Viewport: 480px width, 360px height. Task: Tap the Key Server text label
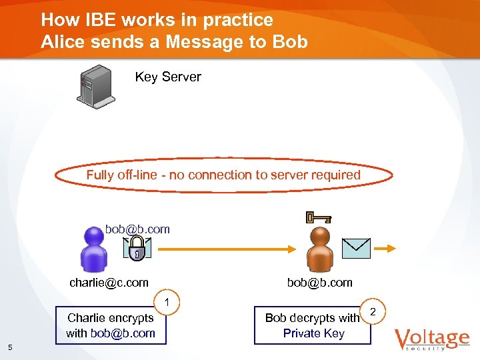tap(168, 77)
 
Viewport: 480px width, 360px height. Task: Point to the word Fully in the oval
tap(101, 175)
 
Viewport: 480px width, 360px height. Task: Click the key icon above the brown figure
tap(318, 217)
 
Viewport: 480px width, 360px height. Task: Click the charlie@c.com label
tap(109, 283)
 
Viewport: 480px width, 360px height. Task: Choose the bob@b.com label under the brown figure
tap(319, 283)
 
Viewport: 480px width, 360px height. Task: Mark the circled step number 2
tap(373, 312)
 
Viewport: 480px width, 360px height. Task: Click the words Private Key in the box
tap(313, 333)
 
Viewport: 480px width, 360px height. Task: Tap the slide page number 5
tap(10, 346)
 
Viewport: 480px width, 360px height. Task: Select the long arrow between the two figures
tap(227, 248)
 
